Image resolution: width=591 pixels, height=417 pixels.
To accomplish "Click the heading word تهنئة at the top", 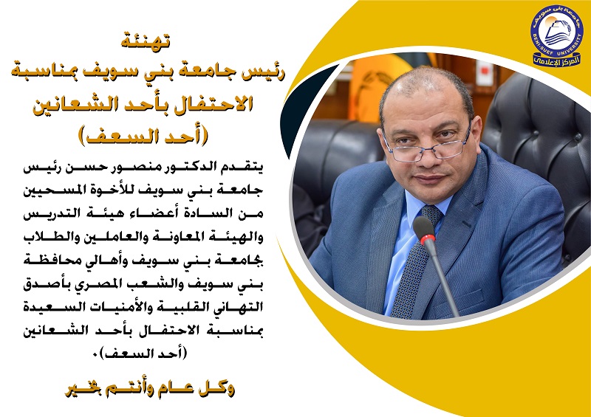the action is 146,41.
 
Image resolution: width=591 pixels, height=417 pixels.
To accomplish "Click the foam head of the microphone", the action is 424,227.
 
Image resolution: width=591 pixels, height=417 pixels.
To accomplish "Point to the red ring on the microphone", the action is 428,239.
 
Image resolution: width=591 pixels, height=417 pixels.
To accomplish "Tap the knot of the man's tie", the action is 431,215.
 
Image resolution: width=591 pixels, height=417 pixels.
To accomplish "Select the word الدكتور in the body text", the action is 205,167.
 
